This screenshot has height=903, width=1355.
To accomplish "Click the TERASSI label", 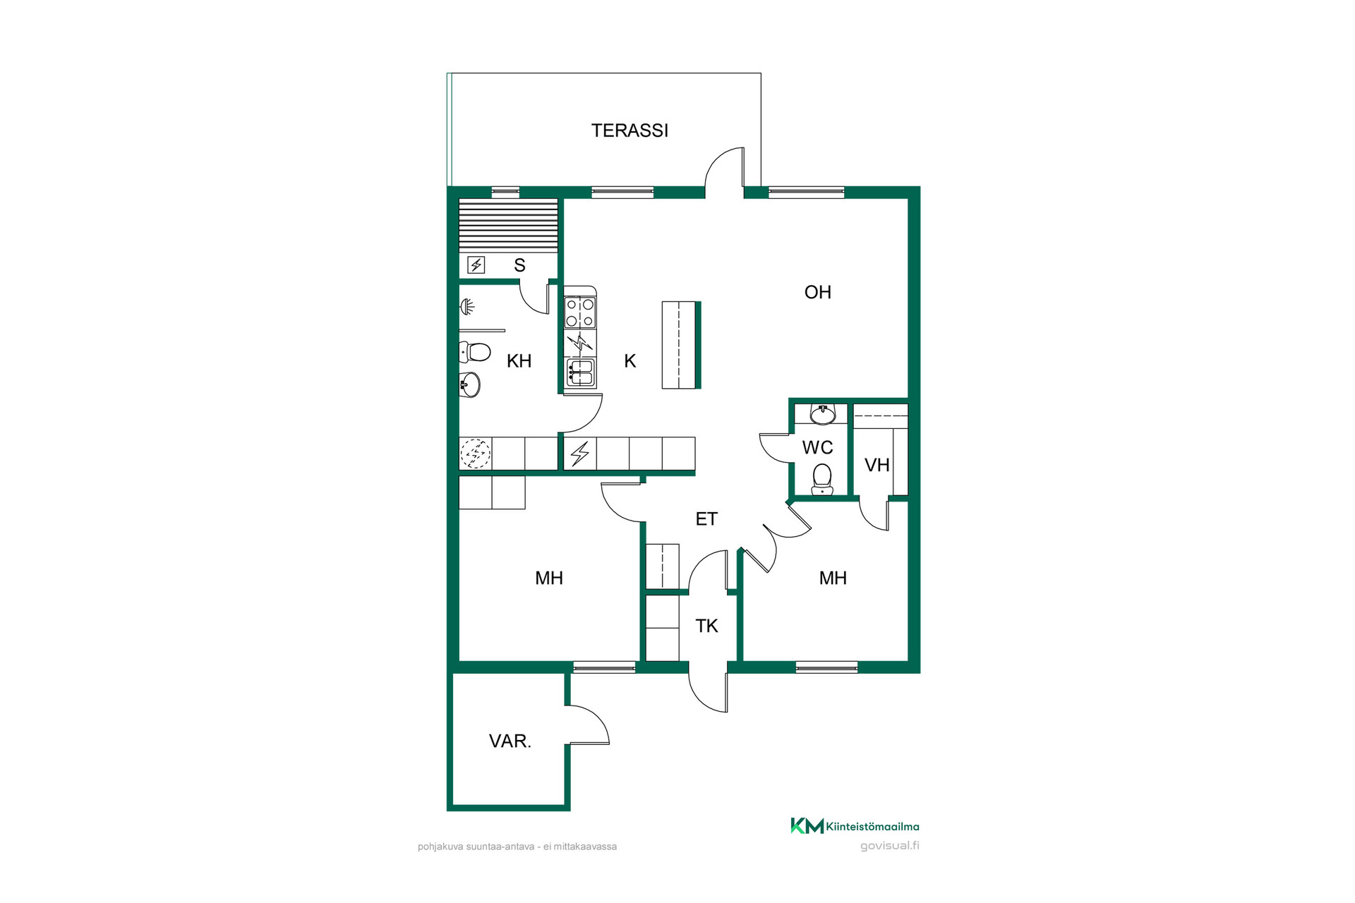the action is (630, 131).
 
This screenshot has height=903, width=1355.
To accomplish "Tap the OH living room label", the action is (818, 292).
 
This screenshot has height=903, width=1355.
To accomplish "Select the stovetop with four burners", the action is (580, 313).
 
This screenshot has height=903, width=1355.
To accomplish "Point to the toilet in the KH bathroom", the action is (475, 351).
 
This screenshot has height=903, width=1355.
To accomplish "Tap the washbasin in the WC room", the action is (823, 414).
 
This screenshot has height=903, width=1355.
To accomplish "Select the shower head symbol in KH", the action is (467, 307).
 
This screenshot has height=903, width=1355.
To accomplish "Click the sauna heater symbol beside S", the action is (476, 265).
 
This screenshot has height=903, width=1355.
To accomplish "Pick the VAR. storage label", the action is (510, 741).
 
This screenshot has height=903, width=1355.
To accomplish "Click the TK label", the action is (706, 626).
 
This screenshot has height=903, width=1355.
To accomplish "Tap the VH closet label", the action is (877, 465).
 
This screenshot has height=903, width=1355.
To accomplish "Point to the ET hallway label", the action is (706, 519).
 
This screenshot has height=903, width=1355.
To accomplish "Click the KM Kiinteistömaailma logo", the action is (855, 826).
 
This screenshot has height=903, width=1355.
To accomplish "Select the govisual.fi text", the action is (890, 846).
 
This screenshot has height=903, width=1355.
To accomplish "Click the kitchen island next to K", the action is (682, 345).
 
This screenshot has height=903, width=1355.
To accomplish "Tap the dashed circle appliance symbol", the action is (476, 454).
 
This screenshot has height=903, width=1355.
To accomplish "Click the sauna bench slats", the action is (509, 226).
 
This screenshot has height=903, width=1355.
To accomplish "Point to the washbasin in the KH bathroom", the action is (470, 385).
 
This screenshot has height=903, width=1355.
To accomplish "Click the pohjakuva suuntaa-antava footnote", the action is (517, 847).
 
